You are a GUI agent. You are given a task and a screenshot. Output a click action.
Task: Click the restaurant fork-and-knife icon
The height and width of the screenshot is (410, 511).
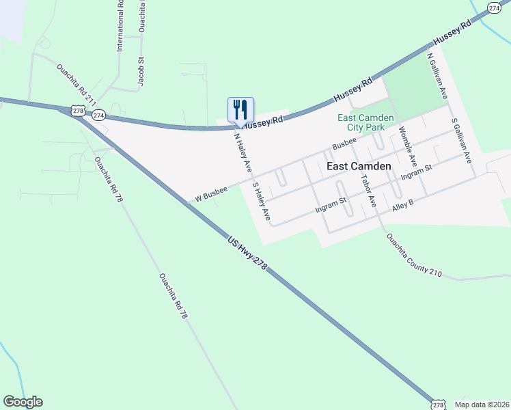[240, 109]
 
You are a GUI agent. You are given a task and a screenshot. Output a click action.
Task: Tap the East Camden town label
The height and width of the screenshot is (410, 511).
[359, 166]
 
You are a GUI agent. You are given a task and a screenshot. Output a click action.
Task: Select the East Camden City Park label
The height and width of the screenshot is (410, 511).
[365, 122]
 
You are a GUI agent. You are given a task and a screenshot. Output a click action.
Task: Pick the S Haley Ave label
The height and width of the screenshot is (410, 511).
[262, 200]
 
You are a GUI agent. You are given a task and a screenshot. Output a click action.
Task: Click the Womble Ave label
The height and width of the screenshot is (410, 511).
[407, 147]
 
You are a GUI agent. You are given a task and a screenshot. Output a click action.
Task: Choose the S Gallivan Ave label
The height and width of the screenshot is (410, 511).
[462, 140]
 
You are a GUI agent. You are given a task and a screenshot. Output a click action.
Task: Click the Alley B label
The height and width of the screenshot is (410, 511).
[403, 204]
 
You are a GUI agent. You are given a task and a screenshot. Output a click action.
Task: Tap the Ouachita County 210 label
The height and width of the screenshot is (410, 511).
[414, 256]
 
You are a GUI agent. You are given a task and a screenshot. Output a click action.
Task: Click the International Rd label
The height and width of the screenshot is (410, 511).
[120, 26]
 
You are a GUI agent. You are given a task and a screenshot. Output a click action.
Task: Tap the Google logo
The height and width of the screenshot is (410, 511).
[23, 402]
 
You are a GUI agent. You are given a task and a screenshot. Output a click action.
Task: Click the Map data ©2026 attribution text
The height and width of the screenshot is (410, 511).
[482, 405]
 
